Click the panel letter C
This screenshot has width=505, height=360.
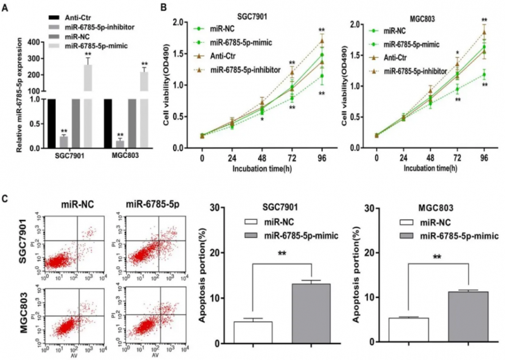click(x=4, y=199)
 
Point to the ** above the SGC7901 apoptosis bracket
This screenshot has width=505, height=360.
click(x=283, y=256)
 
